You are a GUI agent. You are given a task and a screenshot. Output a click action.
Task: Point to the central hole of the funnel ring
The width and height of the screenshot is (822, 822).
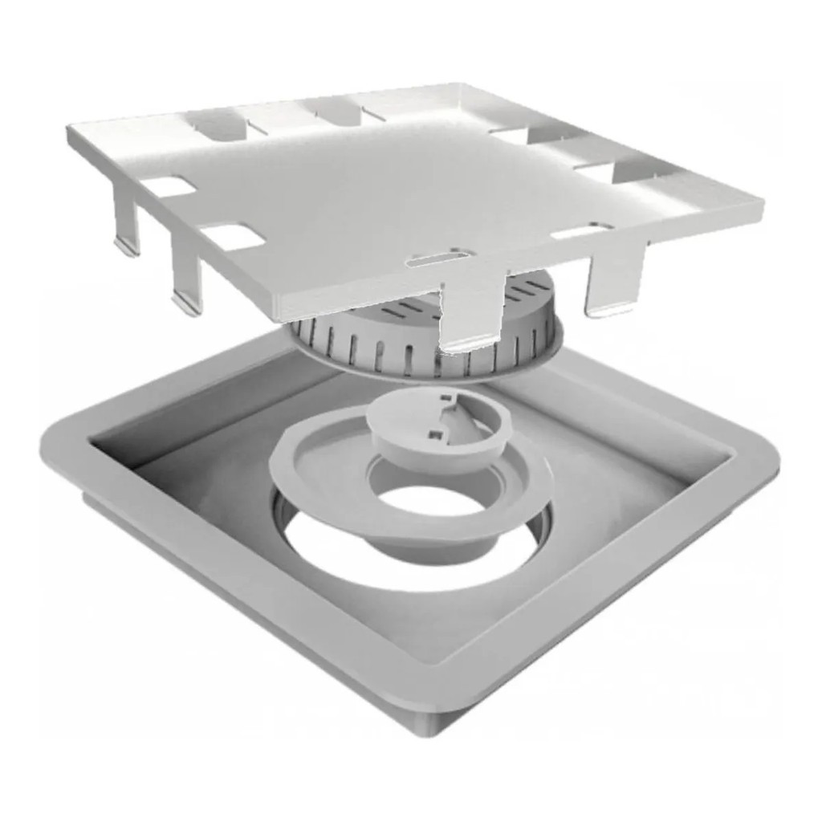pos(420,498)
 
